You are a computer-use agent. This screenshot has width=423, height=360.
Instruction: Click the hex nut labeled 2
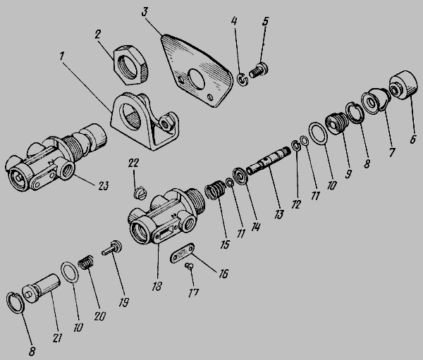131,66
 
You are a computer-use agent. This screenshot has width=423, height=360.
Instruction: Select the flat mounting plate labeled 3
197,70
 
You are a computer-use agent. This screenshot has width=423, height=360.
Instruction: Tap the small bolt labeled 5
259,70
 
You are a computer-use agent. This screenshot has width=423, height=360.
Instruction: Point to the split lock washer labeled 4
243,80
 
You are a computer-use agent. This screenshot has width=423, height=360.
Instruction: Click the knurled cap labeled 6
403,85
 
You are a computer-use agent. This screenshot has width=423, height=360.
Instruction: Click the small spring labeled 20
86,262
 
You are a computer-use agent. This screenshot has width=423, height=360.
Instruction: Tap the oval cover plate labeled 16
182,252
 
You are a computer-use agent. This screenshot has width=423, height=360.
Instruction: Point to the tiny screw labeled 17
189,266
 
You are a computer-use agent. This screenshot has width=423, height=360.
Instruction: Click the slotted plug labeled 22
140,192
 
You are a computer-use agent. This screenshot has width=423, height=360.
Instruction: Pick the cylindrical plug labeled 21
41,288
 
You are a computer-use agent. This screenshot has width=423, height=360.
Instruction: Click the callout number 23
103,186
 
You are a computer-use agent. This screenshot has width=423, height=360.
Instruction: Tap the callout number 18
157,286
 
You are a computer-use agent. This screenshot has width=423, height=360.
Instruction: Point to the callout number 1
62,56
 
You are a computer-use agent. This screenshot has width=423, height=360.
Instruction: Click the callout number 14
255,226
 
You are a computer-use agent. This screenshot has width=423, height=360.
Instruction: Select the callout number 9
348,174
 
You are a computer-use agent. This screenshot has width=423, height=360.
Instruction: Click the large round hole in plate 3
197,78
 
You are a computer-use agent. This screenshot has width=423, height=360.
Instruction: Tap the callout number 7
391,152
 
